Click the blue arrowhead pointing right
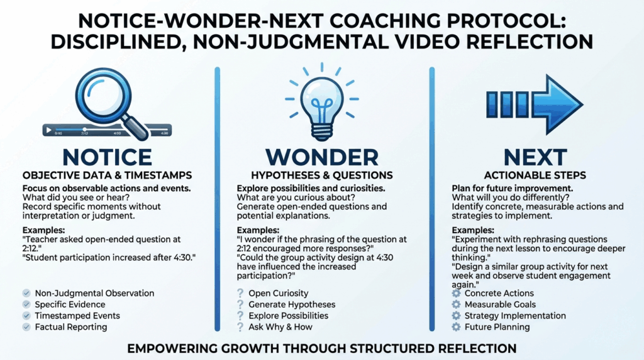point(558,104)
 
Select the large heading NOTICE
point(107,157)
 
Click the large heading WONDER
point(322,157)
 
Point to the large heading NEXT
point(535,157)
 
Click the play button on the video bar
point(49,130)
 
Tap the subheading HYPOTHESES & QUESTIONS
point(322,176)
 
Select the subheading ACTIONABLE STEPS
point(535,176)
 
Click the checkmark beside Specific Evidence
point(26,305)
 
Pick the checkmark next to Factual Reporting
point(26,327)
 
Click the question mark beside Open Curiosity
point(240,293)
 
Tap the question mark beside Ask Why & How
point(240,327)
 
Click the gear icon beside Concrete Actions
point(457,293)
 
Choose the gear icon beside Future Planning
point(457,327)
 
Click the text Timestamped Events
point(77,315)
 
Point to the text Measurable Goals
point(500,305)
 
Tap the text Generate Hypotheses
point(292,305)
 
